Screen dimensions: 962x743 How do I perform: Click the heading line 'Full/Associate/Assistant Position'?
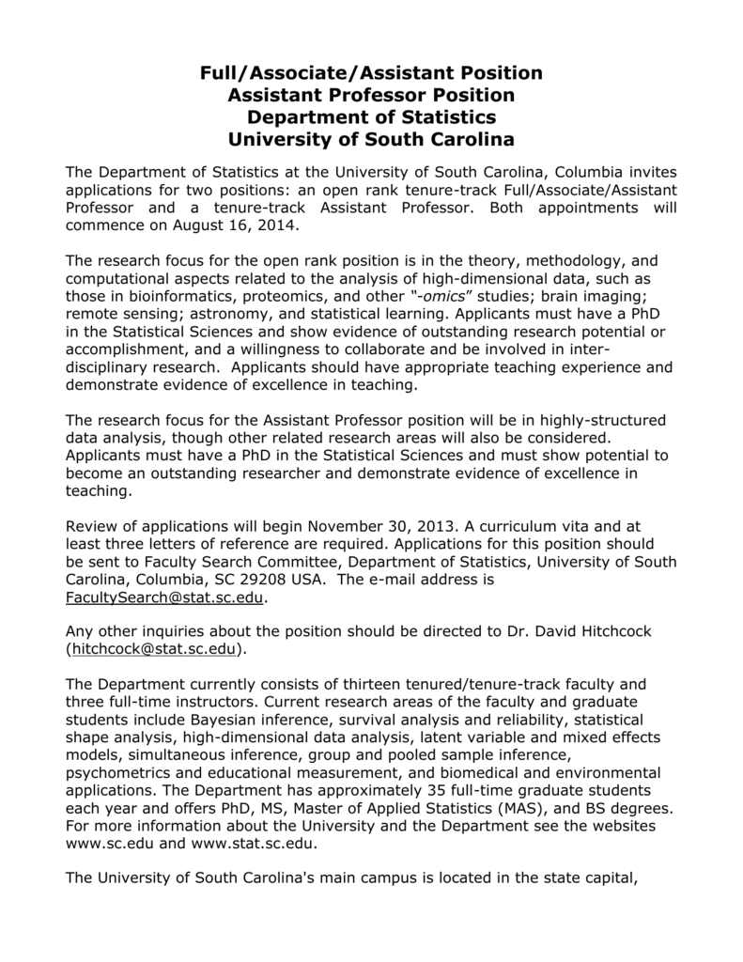point(372,72)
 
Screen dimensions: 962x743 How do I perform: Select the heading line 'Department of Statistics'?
point(372,117)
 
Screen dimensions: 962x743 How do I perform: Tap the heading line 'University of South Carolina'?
point(372,140)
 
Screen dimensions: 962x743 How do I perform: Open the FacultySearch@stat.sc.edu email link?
point(166,597)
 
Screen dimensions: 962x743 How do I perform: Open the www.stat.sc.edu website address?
point(253,843)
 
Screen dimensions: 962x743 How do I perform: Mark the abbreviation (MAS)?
point(526,808)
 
